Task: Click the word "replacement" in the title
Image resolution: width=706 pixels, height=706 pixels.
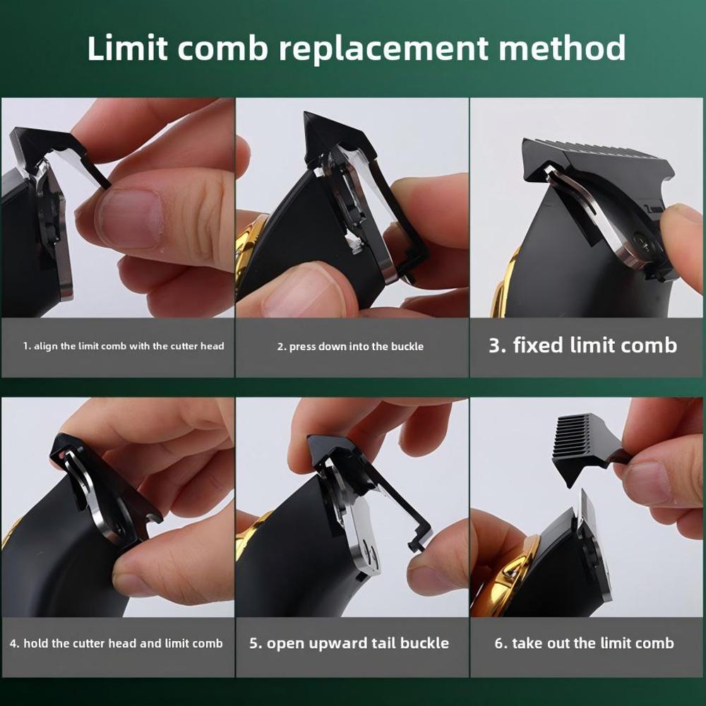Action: point(383,49)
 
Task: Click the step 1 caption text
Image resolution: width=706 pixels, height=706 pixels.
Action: point(124,346)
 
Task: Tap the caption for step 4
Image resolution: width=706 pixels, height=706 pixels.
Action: point(116,643)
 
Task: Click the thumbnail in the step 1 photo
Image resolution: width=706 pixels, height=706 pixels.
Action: point(131,218)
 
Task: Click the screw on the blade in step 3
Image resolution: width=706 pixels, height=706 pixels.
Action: point(640,240)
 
